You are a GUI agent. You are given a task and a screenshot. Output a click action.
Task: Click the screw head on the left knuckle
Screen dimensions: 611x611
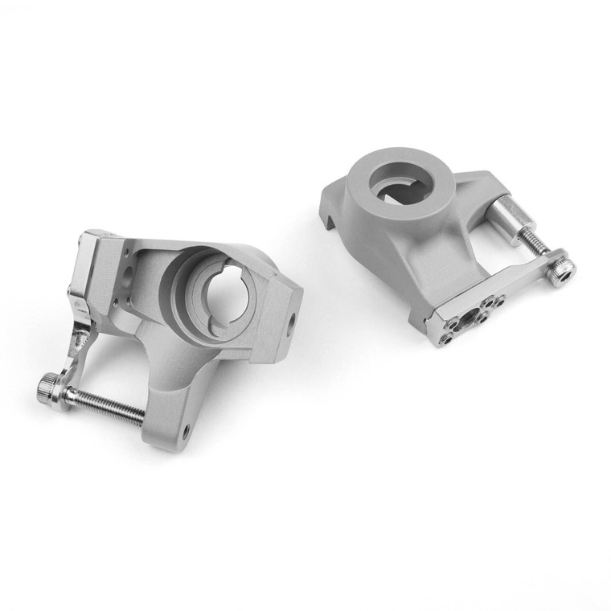(x=47, y=392)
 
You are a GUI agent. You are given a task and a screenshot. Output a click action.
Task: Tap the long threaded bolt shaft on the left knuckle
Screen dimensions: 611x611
(x=105, y=404)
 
